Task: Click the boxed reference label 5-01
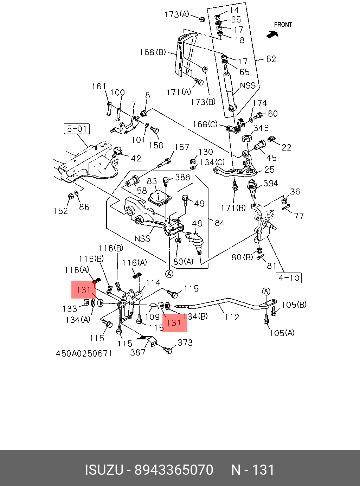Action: click(x=77, y=129)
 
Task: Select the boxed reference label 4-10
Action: click(x=289, y=278)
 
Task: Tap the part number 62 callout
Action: click(x=271, y=59)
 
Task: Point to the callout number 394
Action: click(x=270, y=183)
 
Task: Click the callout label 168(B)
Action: click(x=153, y=52)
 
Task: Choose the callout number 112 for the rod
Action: click(x=232, y=317)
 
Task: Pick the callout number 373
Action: click(x=185, y=343)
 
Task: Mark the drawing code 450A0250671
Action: click(x=84, y=353)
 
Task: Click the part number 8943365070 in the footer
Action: click(x=174, y=470)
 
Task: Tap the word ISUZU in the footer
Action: click(x=104, y=470)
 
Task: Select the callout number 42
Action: click(x=136, y=158)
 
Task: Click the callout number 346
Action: click(x=261, y=128)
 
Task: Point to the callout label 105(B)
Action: click(x=294, y=305)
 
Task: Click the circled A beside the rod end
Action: click(x=266, y=292)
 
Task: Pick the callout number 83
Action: click(x=152, y=181)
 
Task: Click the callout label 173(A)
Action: click(x=176, y=14)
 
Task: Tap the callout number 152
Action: click(x=60, y=211)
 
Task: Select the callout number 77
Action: click(x=299, y=215)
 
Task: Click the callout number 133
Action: click(x=70, y=308)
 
